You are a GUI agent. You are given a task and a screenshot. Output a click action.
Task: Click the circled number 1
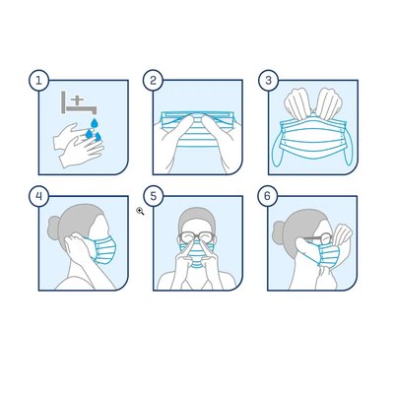coord(39,80)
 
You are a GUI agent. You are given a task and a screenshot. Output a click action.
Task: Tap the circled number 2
coord(153,80)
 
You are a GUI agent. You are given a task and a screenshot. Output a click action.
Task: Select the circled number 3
coord(268,80)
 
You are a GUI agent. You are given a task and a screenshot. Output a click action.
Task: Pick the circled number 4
coord(39,196)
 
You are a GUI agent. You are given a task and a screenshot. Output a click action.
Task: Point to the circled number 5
coord(153,196)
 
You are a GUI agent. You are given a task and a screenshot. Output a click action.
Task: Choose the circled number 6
coord(267,196)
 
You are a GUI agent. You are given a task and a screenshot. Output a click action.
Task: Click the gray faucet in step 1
coord(78,103)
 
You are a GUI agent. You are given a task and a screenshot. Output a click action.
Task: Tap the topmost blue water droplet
coord(95,123)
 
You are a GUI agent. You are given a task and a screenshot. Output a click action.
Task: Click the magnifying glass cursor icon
coord(140,211)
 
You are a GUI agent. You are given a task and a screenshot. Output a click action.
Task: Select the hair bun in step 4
coord(54,228)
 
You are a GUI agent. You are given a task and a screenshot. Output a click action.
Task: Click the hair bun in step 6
coord(279,232)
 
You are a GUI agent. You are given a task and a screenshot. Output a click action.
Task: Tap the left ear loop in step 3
coord(277,150)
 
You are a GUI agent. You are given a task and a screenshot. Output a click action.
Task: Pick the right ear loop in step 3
coord(348,149)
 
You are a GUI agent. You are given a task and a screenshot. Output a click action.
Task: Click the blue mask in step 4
coord(102,250)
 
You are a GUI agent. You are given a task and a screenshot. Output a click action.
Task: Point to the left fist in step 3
coord(297,102)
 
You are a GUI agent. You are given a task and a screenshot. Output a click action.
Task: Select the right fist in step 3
coord(329,102)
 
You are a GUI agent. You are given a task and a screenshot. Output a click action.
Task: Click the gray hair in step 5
coord(197,219)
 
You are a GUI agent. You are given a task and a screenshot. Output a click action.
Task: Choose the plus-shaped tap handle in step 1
coord(80,100)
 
